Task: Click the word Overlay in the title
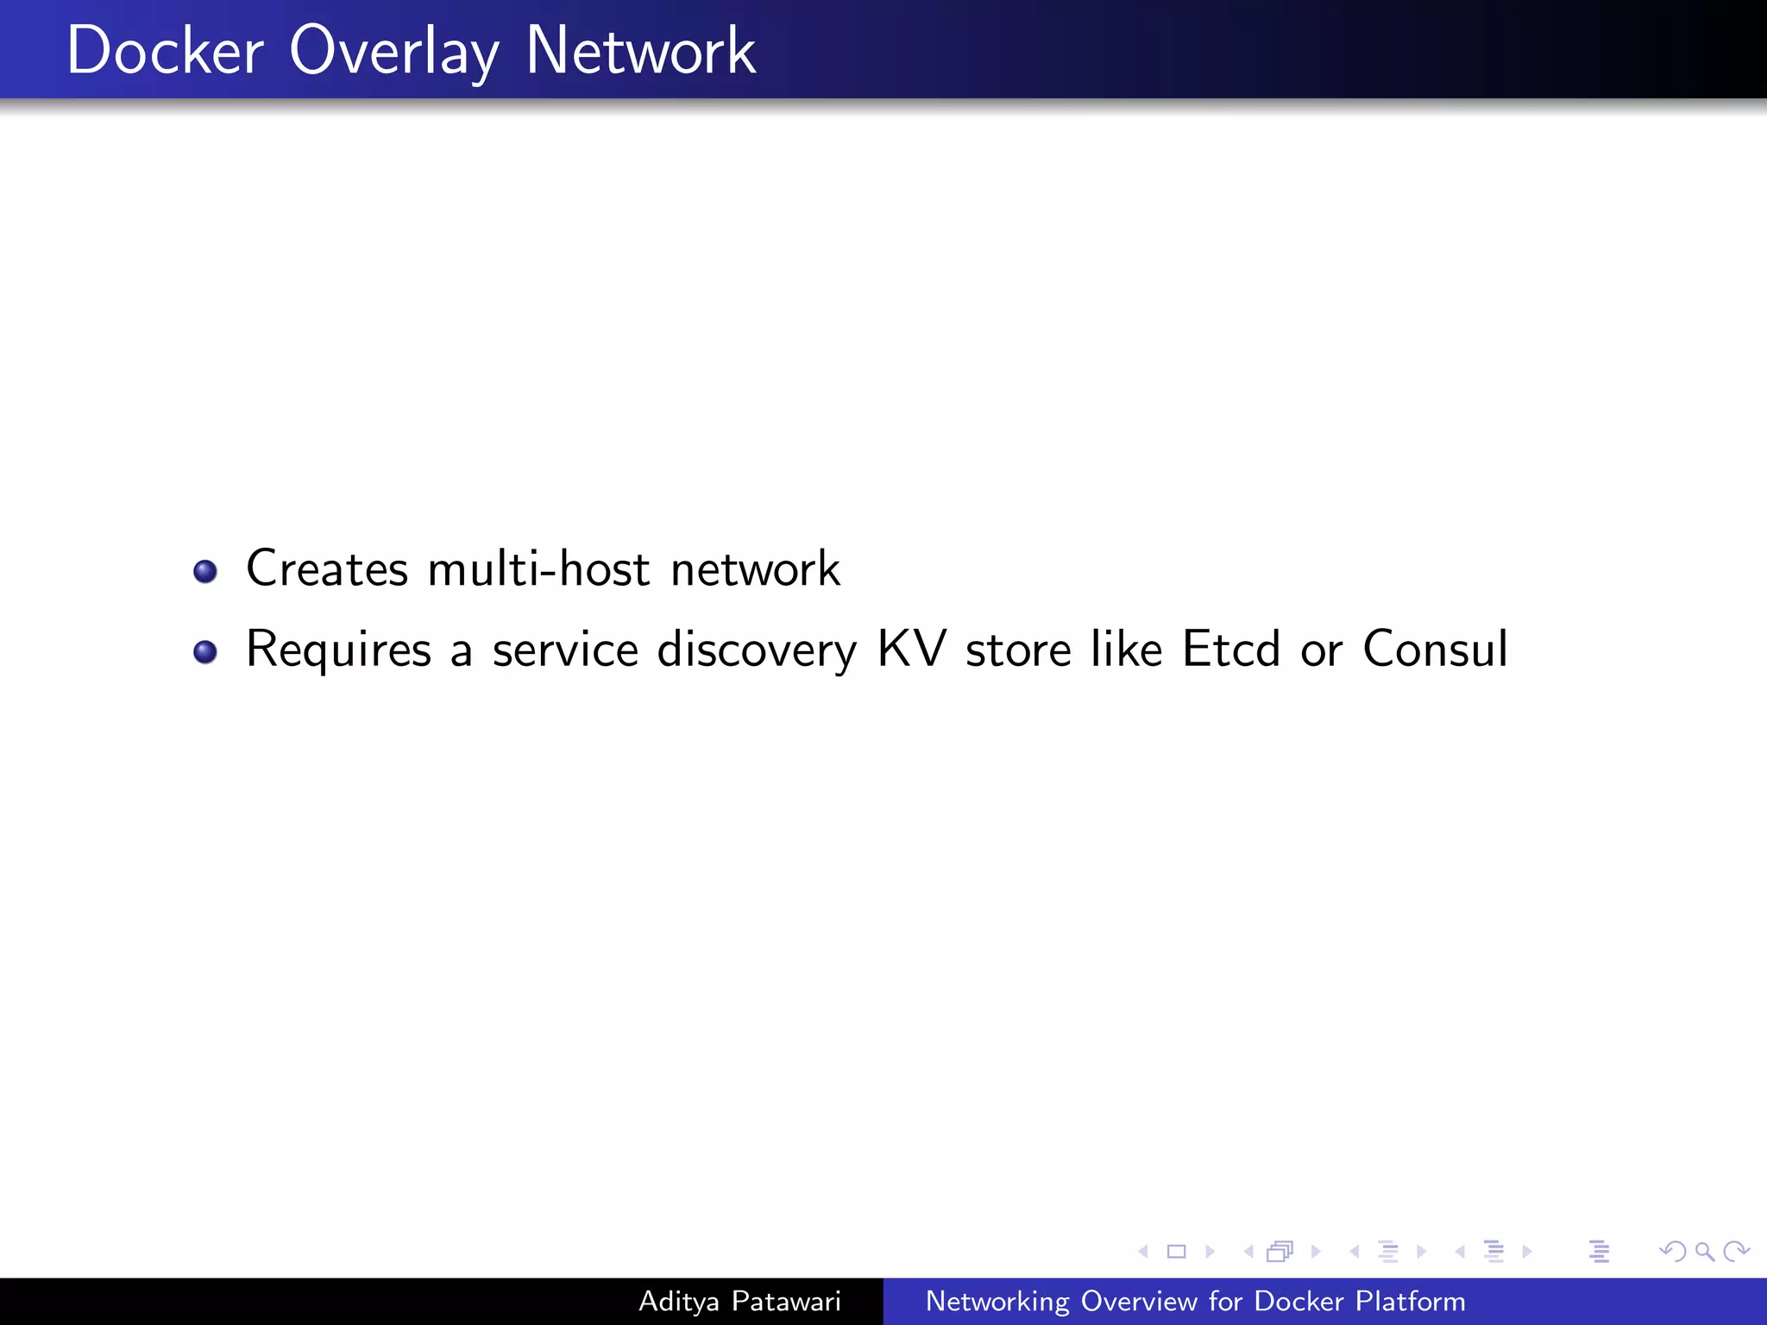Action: click(x=393, y=52)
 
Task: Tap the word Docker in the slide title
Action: click(x=165, y=52)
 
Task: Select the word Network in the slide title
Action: click(x=640, y=52)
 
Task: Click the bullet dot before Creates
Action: click(x=205, y=571)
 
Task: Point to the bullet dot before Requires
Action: click(x=205, y=651)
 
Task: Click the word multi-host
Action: click(x=538, y=569)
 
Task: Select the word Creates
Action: click(x=327, y=569)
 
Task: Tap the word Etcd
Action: click(x=1231, y=649)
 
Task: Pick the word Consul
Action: click(x=1436, y=649)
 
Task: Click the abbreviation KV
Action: click(x=912, y=649)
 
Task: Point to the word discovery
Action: click(x=757, y=650)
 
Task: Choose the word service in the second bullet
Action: click(x=565, y=650)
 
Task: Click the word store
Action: click(x=1018, y=650)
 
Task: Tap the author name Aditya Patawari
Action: click(x=739, y=1301)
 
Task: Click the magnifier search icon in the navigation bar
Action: click(x=1704, y=1251)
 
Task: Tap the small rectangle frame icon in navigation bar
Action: click(x=1176, y=1251)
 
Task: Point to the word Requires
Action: click(x=338, y=650)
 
